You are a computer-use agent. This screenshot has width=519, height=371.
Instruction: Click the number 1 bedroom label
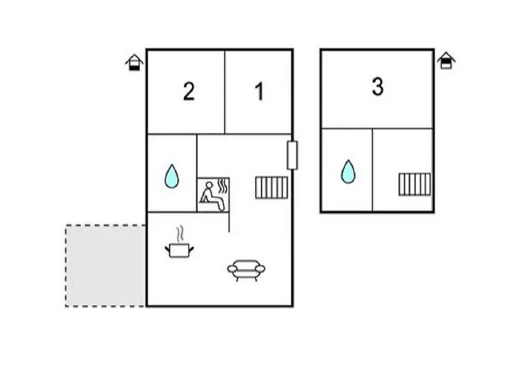pyautogui.click(x=259, y=91)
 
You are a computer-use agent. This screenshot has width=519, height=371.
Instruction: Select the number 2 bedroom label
pyautogui.click(x=188, y=91)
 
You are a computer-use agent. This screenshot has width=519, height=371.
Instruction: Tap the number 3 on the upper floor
pyautogui.click(x=377, y=87)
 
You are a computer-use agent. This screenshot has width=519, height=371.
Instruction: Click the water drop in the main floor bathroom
pyautogui.click(x=171, y=177)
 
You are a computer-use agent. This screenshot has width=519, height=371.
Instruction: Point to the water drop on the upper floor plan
pyautogui.click(x=348, y=171)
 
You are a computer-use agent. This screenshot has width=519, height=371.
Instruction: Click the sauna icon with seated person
pyautogui.click(x=214, y=194)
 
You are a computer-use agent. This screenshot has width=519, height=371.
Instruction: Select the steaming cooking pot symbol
pyautogui.click(x=179, y=242)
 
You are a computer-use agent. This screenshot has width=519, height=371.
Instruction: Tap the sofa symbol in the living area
pyautogui.click(x=246, y=269)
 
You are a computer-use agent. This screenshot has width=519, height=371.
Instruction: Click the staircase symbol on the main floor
pyautogui.click(x=271, y=188)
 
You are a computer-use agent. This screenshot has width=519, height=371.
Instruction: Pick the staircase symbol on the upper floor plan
pyautogui.click(x=414, y=184)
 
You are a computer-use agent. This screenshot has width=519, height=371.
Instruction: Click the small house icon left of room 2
pyautogui.click(x=134, y=62)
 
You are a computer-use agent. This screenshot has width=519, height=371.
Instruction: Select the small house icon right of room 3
pyautogui.click(x=446, y=61)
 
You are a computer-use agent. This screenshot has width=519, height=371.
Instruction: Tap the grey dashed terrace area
pyautogui.click(x=105, y=266)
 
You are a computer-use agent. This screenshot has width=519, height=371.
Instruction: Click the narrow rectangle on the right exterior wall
pyautogui.click(x=292, y=155)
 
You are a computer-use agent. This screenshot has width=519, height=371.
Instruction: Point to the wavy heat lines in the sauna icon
pyautogui.click(x=223, y=186)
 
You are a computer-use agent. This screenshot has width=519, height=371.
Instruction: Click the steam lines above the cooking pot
pyautogui.click(x=179, y=234)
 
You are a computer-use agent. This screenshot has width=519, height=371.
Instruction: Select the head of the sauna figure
pyautogui.click(x=209, y=185)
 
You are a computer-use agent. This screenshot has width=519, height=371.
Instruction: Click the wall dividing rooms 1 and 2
pyautogui.click(x=225, y=92)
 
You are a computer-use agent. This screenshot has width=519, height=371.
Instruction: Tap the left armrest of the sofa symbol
pyautogui.click(x=232, y=269)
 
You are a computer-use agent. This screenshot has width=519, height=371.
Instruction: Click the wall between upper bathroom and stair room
pyautogui.click(x=372, y=170)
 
